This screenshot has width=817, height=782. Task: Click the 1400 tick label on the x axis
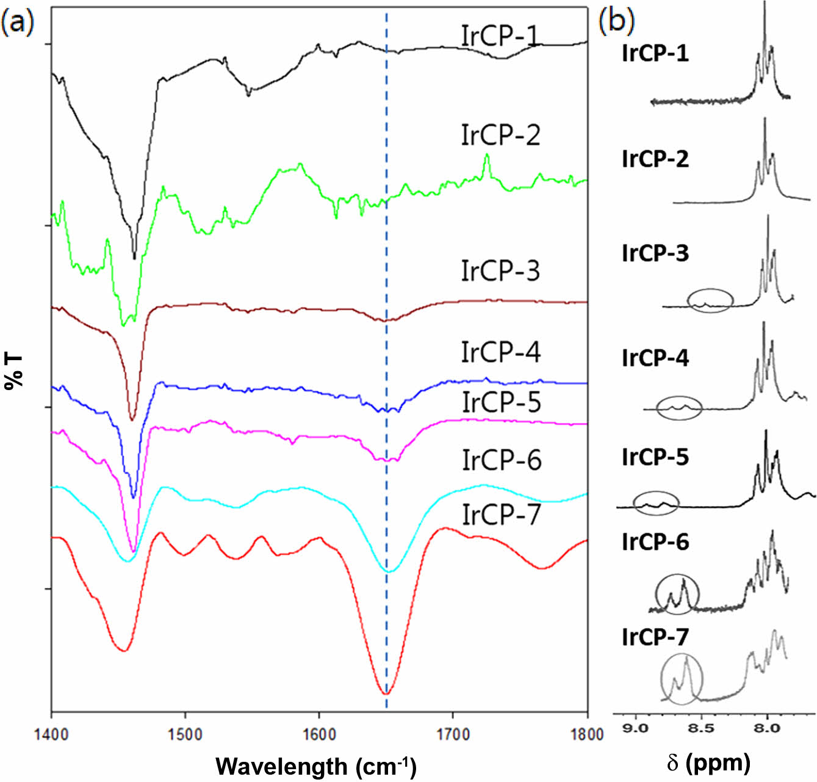tap(51, 733)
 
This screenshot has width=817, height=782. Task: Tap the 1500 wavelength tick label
tap(185, 733)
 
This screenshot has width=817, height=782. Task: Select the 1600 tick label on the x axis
tap(319, 733)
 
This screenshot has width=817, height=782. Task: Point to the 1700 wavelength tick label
tap(453, 733)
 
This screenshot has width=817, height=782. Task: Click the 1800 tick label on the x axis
tap(586, 733)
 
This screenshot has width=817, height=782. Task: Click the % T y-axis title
tap(13, 371)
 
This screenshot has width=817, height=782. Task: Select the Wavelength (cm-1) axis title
tap(316, 766)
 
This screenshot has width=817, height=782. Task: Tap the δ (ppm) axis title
tap(708, 761)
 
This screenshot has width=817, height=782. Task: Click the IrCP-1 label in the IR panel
tap(501, 37)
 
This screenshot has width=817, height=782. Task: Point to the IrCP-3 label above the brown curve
tap(500, 270)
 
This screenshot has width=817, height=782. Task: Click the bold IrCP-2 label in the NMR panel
tap(655, 159)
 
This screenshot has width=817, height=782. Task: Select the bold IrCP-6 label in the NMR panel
tap(655, 541)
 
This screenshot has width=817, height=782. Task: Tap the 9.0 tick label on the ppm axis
tap(636, 728)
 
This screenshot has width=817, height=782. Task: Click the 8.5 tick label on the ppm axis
tap(702, 728)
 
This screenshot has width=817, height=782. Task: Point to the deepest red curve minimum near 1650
tap(386, 694)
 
